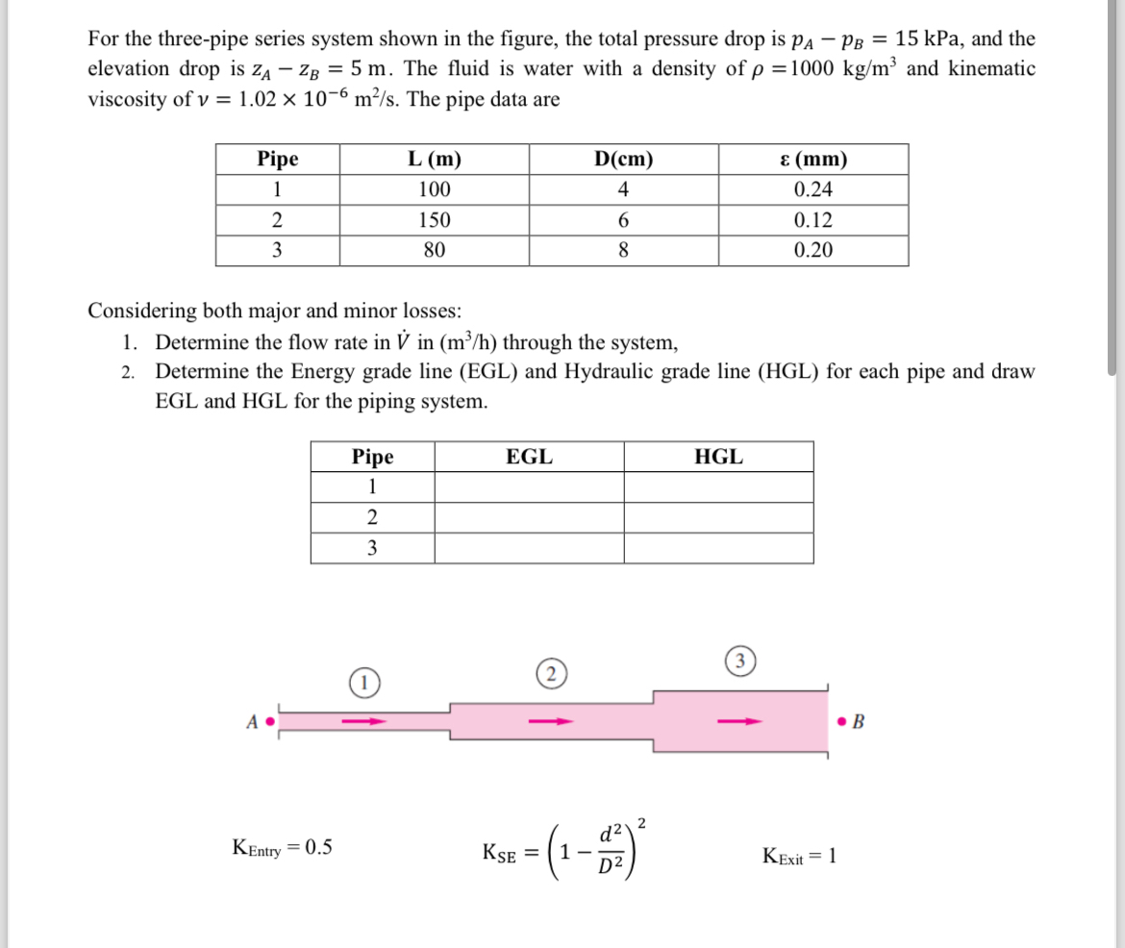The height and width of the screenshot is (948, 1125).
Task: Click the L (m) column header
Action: tap(435, 159)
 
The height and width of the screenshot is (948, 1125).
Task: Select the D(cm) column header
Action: tap(623, 159)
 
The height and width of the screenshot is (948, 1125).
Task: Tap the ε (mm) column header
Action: tap(813, 159)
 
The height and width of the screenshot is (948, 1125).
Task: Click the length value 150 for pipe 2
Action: tap(435, 220)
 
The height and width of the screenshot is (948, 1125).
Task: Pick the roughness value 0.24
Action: tap(813, 189)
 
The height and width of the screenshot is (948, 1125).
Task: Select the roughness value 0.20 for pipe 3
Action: tap(813, 251)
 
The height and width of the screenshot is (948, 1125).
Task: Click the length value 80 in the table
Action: tap(435, 251)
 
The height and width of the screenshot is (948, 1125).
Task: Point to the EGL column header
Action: tap(529, 457)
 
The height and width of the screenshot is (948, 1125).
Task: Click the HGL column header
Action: tap(718, 457)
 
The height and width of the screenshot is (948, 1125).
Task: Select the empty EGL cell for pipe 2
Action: tap(529, 518)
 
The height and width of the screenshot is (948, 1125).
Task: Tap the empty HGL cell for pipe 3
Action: tap(718, 549)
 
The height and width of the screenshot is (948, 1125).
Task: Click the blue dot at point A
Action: tap(271, 719)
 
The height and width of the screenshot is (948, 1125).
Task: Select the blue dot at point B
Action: tap(842, 719)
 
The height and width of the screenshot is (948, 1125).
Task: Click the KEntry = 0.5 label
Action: tap(283, 847)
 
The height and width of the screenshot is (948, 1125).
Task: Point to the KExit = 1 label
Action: tap(799, 855)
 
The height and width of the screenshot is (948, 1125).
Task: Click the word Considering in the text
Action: tap(139, 311)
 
